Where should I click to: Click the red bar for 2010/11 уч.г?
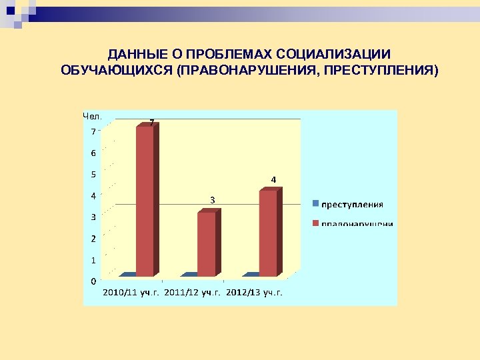(145, 200)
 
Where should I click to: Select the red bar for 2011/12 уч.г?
(207, 243)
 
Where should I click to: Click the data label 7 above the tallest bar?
(152, 123)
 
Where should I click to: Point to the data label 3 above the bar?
(212, 200)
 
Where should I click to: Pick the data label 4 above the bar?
(273, 179)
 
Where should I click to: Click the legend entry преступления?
(353, 205)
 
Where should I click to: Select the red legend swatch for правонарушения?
(316, 223)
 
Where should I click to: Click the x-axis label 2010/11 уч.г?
(130, 292)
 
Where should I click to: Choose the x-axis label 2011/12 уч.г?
(192, 292)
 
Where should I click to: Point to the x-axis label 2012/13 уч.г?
(254, 292)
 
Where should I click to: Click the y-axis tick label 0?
(93, 281)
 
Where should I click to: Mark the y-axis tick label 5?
(93, 175)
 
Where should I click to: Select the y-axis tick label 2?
(93, 239)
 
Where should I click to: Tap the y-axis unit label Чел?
(91, 116)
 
